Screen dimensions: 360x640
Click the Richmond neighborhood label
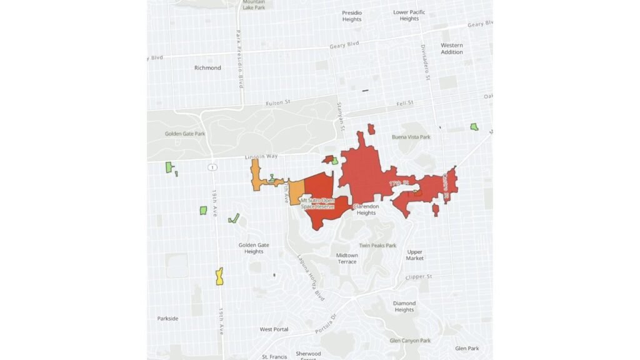coord(207,67)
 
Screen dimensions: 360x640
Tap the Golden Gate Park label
coord(185,134)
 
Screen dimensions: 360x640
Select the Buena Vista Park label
coord(411,137)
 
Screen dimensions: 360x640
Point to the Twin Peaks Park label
coord(377,246)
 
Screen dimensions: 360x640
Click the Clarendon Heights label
coord(366,209)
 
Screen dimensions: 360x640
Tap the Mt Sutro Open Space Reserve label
coord(318,202)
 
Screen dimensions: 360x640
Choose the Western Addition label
coord(452,49)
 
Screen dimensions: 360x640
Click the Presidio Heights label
coord(352,16)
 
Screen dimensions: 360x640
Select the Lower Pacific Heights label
coord(409,15)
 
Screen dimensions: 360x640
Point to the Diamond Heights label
coord(404,306)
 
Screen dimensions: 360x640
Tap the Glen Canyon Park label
coord(409,341)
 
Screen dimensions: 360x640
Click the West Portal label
coord(274,329)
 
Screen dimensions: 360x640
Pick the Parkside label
coord(167,318)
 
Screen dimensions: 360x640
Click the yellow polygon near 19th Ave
coord(219,276)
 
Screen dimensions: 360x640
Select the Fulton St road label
coord(279,103)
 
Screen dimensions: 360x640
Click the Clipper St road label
coord(419,276)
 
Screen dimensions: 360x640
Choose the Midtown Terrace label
coord(347,258)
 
